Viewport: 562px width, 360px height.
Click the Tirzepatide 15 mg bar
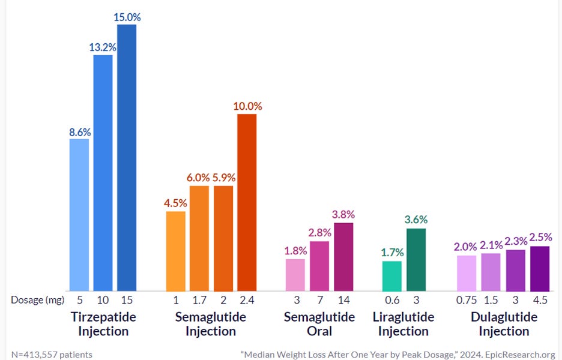127,158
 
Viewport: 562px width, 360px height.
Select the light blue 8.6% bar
79,215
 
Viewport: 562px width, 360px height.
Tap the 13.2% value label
103,47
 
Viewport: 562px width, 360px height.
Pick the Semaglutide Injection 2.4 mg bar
247,202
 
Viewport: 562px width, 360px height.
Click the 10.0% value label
247,106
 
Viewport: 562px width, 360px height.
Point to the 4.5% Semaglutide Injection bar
175,251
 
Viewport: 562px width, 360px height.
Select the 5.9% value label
224,178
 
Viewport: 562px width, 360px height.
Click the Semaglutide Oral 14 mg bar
343,257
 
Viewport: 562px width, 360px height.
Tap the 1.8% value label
295,251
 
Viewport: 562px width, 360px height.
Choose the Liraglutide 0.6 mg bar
392,276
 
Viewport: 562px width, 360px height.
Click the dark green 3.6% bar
416,260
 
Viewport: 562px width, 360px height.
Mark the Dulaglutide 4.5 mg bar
540,269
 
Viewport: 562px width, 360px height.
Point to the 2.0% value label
465,247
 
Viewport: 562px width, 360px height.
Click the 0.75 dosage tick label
467,300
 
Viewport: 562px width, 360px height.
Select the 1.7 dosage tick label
199,300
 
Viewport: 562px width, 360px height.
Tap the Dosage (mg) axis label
38,300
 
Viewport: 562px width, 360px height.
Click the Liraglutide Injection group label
403,324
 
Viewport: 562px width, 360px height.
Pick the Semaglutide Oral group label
319,324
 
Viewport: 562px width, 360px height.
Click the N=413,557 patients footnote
52,355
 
